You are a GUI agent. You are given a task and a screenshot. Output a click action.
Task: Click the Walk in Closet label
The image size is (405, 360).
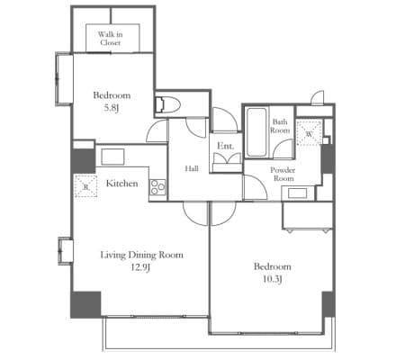[x=110, y=39]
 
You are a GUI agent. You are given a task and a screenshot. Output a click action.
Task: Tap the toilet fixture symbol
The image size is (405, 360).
[x=168, y=104]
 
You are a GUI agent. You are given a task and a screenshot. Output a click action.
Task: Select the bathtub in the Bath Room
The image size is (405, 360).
[x=256, y=132]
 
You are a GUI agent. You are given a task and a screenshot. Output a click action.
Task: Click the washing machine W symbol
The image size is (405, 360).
[x=309, y=133]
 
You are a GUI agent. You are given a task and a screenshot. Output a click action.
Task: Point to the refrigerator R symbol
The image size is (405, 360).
[x=85, y=186]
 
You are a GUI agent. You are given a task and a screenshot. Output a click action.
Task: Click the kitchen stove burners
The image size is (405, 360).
[x=157, y=187]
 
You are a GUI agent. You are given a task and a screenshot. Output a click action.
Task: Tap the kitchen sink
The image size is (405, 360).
[x=112, y=157]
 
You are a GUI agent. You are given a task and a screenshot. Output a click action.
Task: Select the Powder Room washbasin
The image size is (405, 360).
[x=297, y=193]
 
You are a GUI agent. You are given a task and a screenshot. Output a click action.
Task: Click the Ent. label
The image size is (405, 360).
[x=225, y=146]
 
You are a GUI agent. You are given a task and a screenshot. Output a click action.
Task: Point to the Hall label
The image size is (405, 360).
[x=192, y=168]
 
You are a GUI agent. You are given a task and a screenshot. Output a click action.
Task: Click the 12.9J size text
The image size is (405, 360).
[x=140, y=267]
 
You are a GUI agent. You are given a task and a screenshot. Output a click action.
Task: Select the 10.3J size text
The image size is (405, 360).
[x=272, y=279]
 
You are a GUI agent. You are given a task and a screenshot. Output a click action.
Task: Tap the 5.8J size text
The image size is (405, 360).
[x=112, y=108]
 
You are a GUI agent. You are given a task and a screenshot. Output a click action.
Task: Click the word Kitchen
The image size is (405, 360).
[x=121, y=184]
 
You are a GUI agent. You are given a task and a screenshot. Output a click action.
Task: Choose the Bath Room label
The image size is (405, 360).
[x=280, y=126]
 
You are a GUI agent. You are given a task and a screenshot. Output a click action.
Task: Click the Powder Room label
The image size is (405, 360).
[x=283, y=174]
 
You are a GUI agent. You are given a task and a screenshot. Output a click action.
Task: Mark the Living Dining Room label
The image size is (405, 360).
[x=141, y=255]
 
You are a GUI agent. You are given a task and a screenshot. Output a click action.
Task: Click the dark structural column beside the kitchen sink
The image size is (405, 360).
[x=83, y=161]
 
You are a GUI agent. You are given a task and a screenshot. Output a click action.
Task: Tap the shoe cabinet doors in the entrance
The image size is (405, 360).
[x=227, y=158]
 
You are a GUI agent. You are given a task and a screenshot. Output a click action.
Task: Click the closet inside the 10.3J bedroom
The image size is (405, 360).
[x=307, y=216]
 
